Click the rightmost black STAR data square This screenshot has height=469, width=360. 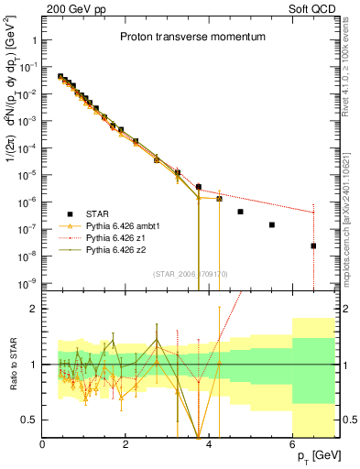click(313, 245)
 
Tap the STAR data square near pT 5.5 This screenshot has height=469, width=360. click(271, 224)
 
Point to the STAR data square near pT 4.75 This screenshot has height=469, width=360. click(240, 212)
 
